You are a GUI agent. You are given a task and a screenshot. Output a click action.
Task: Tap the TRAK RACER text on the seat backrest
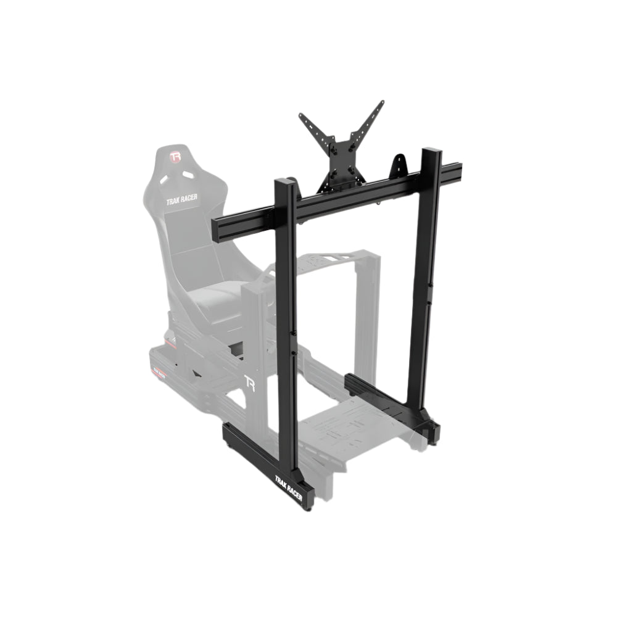pyautogui.click(x=182, y=201)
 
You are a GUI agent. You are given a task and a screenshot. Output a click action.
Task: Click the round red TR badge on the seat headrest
pyautogui.click(x=175, y=157)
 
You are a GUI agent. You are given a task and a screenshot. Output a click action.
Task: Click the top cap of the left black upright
pyautogui.click(x=285, y=181)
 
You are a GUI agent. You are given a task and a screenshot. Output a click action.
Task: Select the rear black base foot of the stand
pyautogui.click(x=389, y=401)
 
